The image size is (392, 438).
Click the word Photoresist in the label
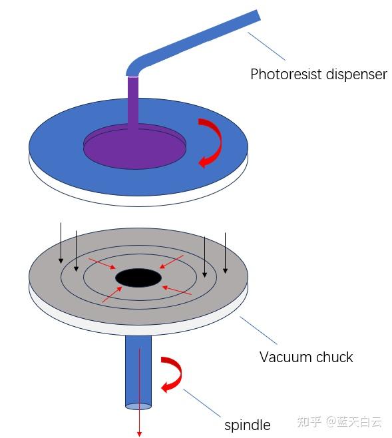(x=286, y=75)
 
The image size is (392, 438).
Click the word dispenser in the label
(x=357, y=74)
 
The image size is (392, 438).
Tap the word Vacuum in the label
(x=286, y=357)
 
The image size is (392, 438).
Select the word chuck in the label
(x=334, y=357)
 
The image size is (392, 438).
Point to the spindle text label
(x=248, y=425)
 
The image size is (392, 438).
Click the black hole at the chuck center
(x=138, y=278)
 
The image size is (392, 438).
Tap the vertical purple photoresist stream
(x=133, y=101)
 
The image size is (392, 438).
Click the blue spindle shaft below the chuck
(x=138, y=372)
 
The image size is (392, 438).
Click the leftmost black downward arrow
(x=61, y=243)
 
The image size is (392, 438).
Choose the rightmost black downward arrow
(x=226, y=253)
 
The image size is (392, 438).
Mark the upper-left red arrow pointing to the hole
(x=102, y=264)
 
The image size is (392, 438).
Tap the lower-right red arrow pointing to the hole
(x=177, y=290)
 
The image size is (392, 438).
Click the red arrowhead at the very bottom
(x=139, y=433)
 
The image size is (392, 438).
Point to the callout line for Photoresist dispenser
(x=266, y=46)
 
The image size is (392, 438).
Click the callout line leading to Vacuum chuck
(x=258, y=330)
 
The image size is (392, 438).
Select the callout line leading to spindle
(x=202, y=403)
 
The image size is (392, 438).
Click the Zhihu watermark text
(x=339, y=421)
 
